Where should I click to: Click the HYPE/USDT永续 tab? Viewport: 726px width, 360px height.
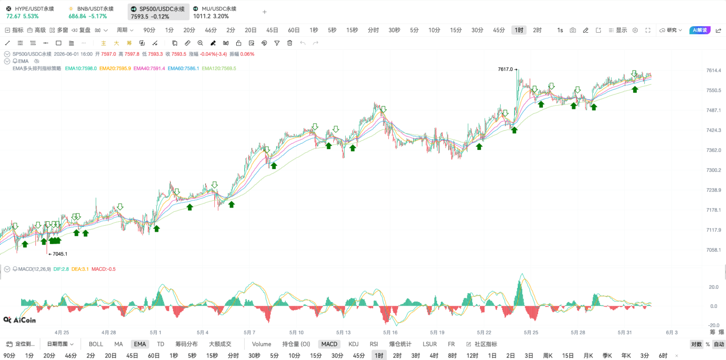tap(30, 12)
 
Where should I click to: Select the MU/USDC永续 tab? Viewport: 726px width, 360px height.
tap(215, 12)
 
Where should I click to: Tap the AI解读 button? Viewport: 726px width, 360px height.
tap(700, 30)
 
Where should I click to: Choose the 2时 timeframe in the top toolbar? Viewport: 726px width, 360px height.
tap(537, 30)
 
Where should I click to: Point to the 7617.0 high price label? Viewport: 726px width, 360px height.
tap(505, 69)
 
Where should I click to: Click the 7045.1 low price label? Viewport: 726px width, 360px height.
tap(60, 254)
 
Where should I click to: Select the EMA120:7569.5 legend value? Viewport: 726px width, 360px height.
tap(219, 68)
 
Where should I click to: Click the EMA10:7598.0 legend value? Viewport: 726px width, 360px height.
tap(81, 68)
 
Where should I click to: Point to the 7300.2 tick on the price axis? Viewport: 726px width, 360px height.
tap(714, 170)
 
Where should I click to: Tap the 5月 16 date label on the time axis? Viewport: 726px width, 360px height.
tap(390, 332)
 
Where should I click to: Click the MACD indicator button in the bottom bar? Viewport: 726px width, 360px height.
tap(329, 344)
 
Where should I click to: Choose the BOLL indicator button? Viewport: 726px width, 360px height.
tap(96, 344)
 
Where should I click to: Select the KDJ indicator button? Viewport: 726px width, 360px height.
tap(353, 344)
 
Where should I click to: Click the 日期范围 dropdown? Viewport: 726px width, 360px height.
tap(60, 344)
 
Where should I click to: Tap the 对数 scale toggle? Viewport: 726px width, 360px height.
tap(696, 344)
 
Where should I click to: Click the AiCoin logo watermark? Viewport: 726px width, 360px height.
tap(20, 320)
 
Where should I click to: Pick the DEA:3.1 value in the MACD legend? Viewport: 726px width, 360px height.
tap(80, 269)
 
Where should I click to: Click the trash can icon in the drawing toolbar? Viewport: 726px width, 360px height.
tap(290, 43)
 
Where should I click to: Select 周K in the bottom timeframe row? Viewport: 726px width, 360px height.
tap(548, 355)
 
